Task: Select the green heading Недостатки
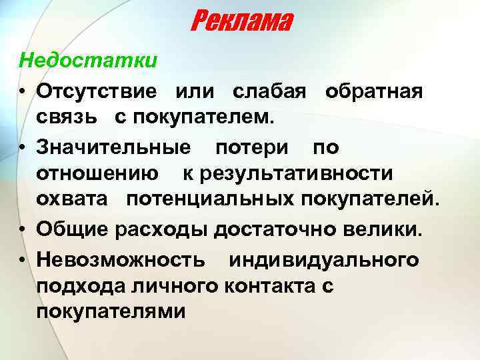(x=88, y=61)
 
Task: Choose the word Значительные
(x=113, y=146)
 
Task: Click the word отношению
(x=97, y=173)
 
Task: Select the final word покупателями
(x=111, y=312)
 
